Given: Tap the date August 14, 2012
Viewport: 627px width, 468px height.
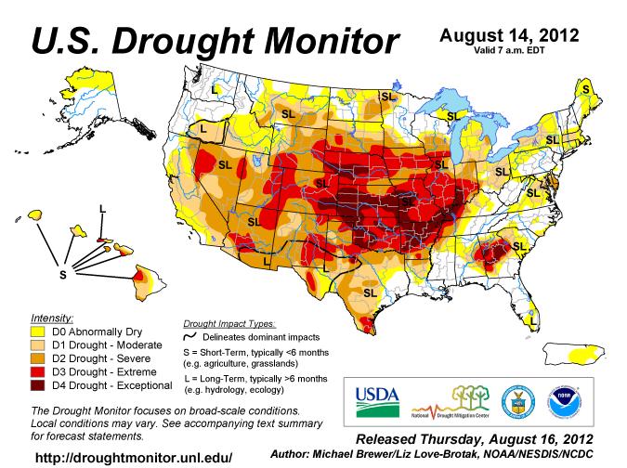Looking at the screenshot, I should (509, 36).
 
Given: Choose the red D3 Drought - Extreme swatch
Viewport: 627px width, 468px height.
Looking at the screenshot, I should (39, 370).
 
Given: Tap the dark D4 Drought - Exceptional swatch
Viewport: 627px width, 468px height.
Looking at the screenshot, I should (39, 383).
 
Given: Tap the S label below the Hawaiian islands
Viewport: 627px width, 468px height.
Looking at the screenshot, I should (63, 275).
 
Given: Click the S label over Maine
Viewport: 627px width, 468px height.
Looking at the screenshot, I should (584, 90).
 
